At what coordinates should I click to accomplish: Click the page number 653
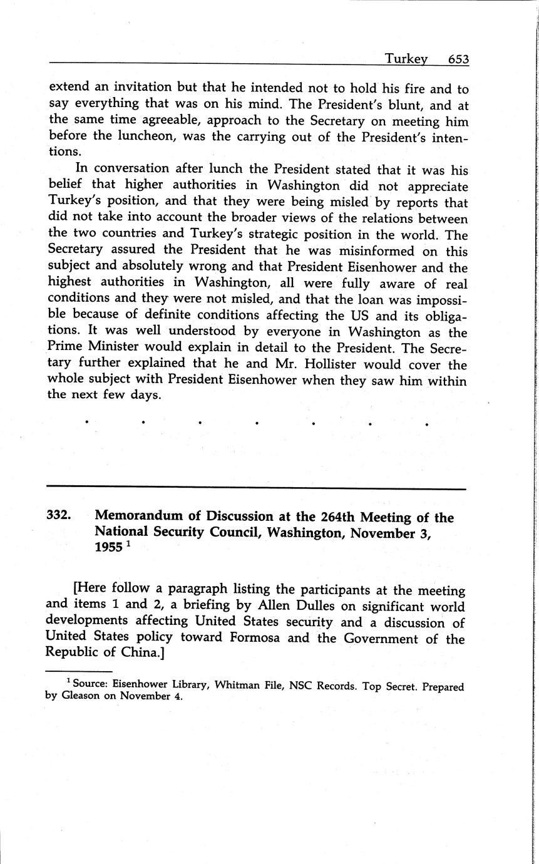(458, 59)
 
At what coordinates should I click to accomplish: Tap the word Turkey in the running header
(406, 59)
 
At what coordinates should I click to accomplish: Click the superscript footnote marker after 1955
(128, 543)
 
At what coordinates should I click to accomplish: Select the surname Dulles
(291, 607)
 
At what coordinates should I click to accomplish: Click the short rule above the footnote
(71, 672)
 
